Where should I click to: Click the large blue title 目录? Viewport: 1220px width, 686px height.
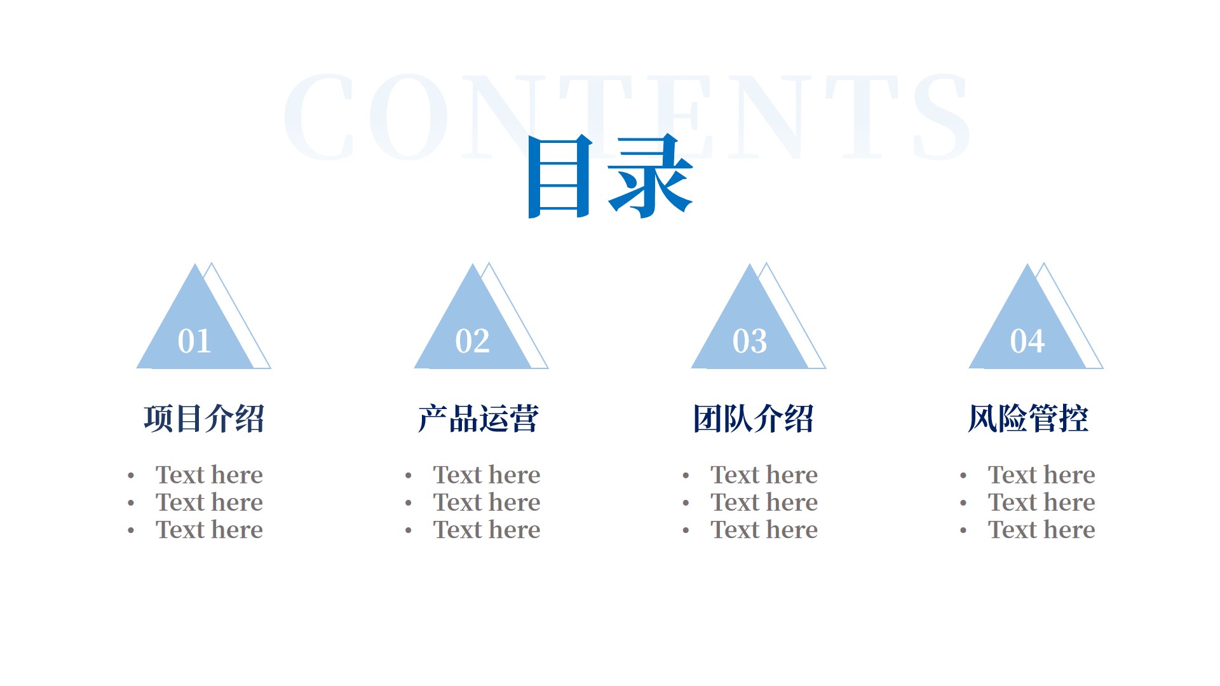click(x=610, y=176)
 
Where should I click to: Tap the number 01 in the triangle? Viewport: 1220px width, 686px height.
click(x=194, y=341)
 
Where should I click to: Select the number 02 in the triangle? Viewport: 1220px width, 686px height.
click(x=472, y=341)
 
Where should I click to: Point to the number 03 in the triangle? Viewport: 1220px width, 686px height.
click(x=750, y=341)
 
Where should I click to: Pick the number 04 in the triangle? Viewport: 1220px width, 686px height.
click(x=1027, y=341)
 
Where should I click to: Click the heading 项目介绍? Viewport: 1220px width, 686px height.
click(x=204, y=419)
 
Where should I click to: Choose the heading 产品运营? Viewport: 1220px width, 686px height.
click(x=478, y=419)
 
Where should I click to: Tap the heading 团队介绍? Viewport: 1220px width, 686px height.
click(x=754, y=419)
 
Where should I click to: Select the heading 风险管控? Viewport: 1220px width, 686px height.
click(x=1028, y=419)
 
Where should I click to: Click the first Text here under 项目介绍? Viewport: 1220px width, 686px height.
click(x=209, y=474)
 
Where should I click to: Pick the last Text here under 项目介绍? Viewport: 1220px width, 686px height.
click(x=209, y=529)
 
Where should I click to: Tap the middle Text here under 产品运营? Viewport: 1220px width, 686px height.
click(x=487, y=502)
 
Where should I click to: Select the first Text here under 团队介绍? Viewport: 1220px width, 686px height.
click(x=764, y=474)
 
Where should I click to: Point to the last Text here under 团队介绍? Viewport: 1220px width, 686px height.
click(x=764, y=529)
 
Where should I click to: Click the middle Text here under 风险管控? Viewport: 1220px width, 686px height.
click(x=1041, y=502)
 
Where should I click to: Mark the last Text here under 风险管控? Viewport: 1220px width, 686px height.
click(x=1041, y=529)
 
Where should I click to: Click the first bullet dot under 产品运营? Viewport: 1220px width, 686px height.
click(x=409, y=475)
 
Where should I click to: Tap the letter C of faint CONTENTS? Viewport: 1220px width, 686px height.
click(x=319, y=116)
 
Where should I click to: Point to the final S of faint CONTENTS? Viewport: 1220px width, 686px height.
click(x=941, y=116)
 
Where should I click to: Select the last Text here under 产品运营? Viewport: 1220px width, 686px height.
click(x=487, y=529)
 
